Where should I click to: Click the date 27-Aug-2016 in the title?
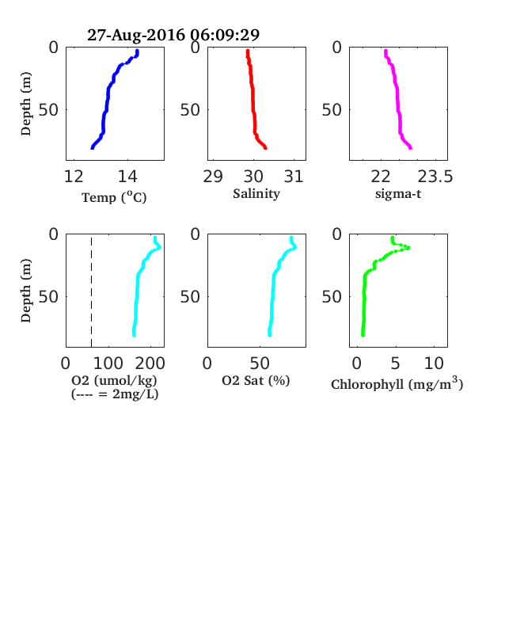click(136, 35)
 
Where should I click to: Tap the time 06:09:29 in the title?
click(225, 35)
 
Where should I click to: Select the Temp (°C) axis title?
click(114, 197)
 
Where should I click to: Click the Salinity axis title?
click(256, 194)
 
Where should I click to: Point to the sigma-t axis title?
click(398, 194)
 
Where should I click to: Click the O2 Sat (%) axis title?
click(256, 380)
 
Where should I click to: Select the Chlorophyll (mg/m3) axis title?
click(397, 383)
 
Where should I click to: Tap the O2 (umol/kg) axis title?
click(114, 380)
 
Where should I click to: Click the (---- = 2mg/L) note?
click(115, 394)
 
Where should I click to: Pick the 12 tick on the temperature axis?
click(74, 177)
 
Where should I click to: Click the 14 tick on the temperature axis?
click(127, 177)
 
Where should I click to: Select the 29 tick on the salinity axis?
click(213, 177)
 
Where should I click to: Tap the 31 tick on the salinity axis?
click(294, 177)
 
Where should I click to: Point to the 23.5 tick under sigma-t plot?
click(435, 177)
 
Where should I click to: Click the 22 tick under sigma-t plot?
click(381, 177)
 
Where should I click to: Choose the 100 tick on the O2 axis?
click(108, 363)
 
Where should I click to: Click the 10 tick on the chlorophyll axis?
click(434, 363)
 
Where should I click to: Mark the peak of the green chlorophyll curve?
click(408, 248)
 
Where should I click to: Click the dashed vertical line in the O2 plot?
click(92, 291)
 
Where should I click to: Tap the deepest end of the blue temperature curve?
click(93, 147)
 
